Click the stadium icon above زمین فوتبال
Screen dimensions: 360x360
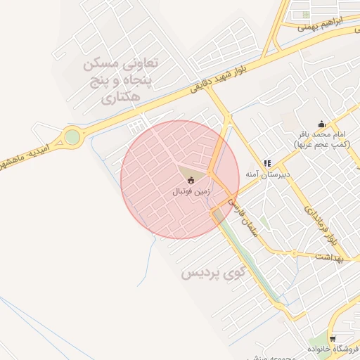193,180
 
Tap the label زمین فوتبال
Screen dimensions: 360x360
191,191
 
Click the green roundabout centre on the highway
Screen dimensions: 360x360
72,136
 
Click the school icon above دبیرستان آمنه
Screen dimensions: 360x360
267,163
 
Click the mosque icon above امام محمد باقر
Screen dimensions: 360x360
321,124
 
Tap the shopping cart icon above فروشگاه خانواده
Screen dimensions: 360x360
333,339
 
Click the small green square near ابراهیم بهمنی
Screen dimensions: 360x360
306,14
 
